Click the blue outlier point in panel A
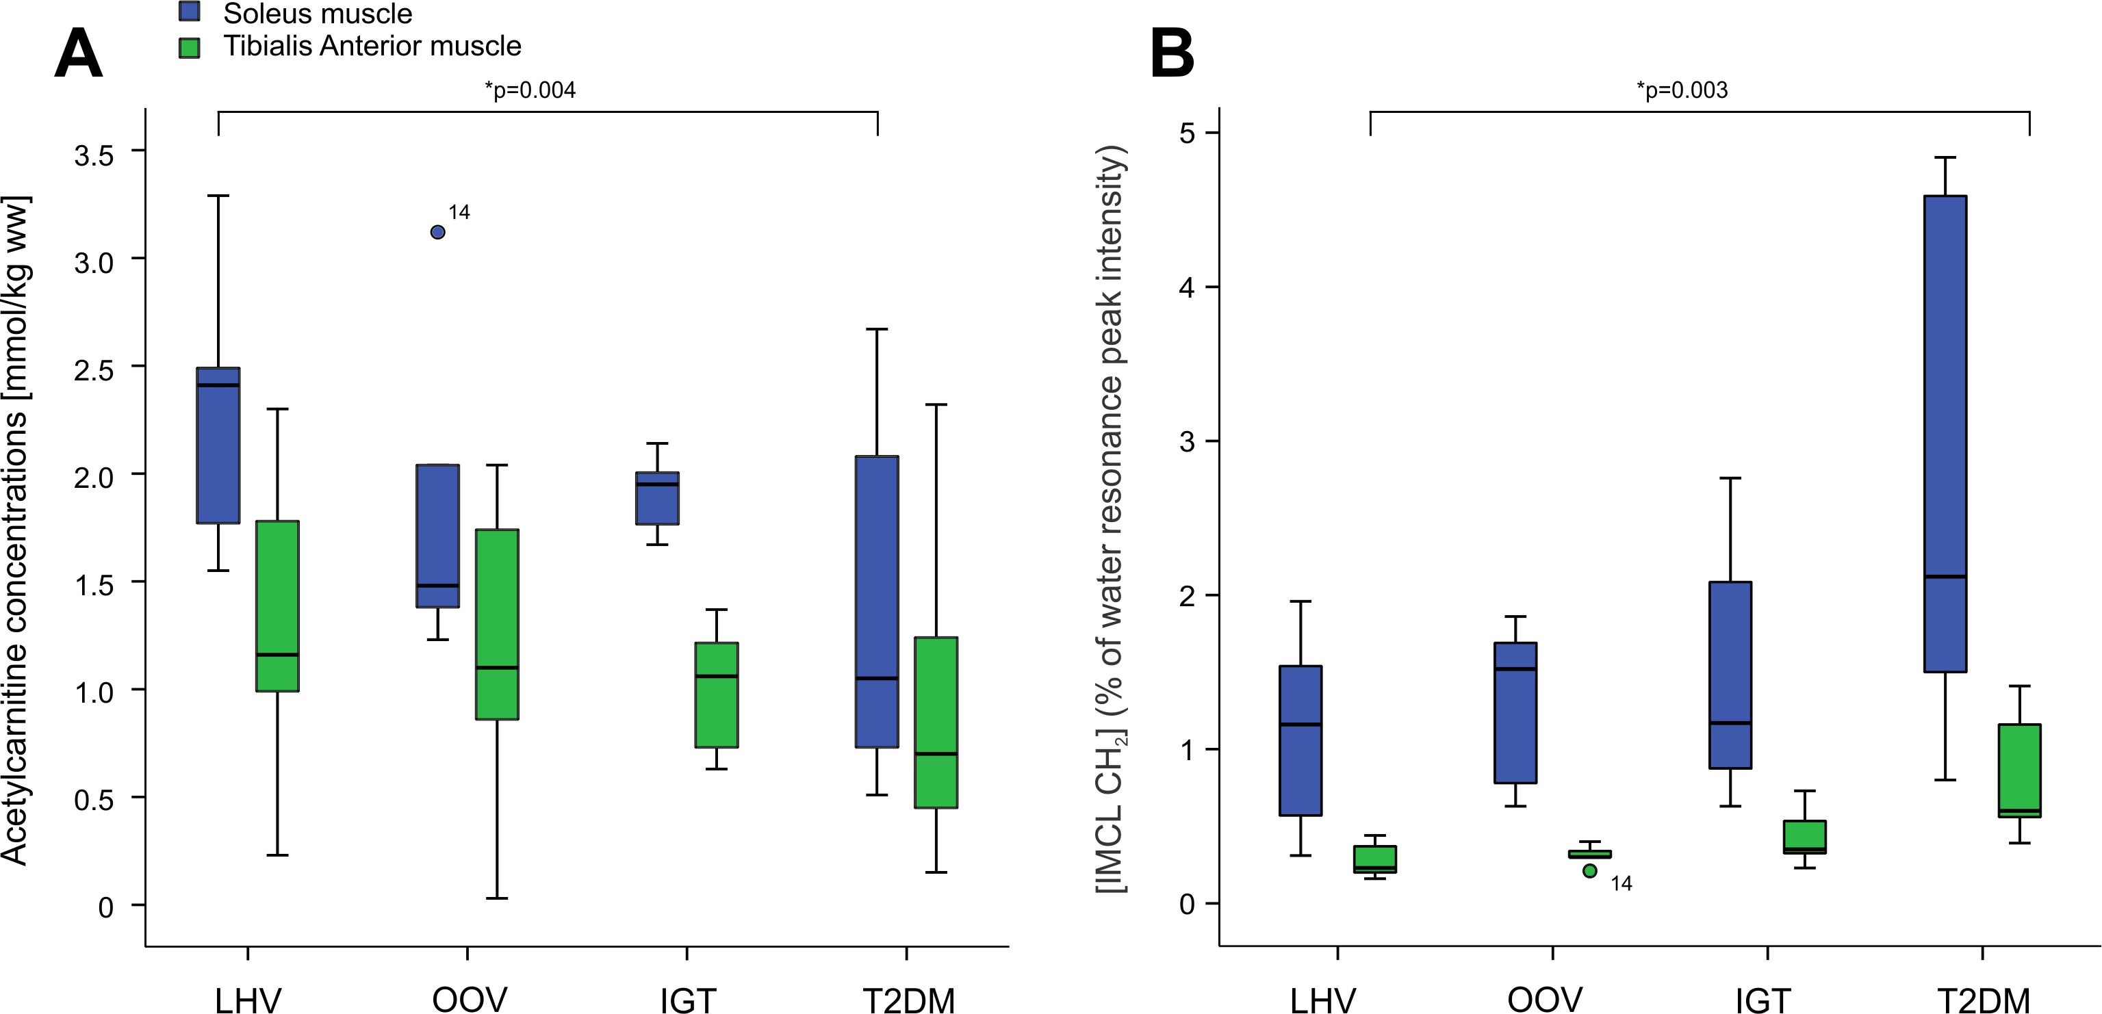437,233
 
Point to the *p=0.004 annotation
530,90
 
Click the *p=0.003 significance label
1682,90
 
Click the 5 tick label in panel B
1188,133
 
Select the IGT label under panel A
688,1000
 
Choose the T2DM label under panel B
1983,1000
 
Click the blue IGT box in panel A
658,497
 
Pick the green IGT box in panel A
717,694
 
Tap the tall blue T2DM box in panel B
1945,432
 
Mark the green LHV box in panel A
277,606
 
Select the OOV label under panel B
1545,1000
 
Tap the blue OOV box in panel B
1515,712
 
